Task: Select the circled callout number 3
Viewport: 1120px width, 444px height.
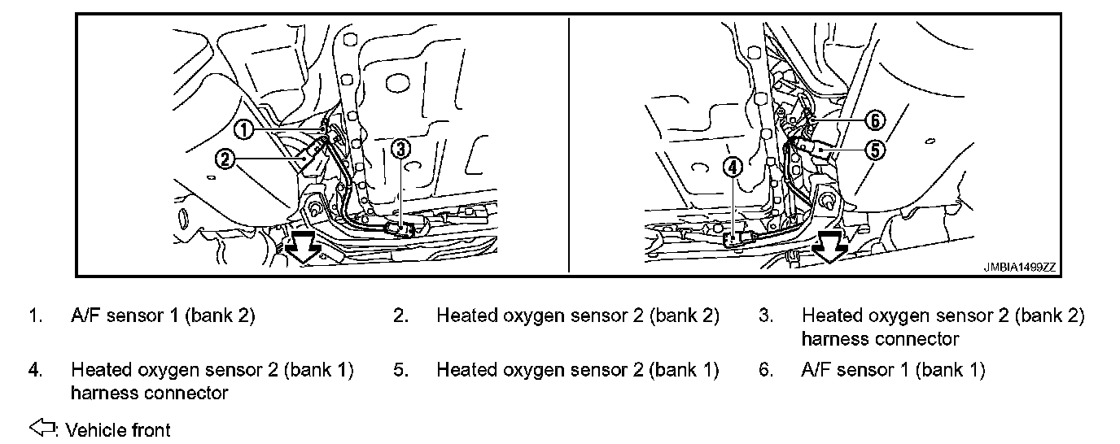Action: tap(400, 149)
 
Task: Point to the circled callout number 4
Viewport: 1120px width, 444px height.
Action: tap(733, 168)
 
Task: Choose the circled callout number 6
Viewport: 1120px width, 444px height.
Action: tap(874, 120)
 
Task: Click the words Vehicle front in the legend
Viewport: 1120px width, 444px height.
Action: tap(118, 429)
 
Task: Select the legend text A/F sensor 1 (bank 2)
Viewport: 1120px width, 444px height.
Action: tap(163, 316)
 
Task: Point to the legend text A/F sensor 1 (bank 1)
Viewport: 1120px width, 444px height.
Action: tap(893, 371)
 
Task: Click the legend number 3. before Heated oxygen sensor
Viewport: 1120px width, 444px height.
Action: tap(766, 316)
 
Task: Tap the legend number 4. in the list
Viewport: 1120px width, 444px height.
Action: tap(35, 371)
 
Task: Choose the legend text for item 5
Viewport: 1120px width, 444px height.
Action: tap(578, 371)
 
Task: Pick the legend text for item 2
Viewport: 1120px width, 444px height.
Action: tap(578, 316)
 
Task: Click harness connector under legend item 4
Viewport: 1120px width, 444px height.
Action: tap(150, 394)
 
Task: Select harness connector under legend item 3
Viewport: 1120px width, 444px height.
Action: tap(880, 338)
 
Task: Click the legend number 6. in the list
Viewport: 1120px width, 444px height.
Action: tap(766, 371)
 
